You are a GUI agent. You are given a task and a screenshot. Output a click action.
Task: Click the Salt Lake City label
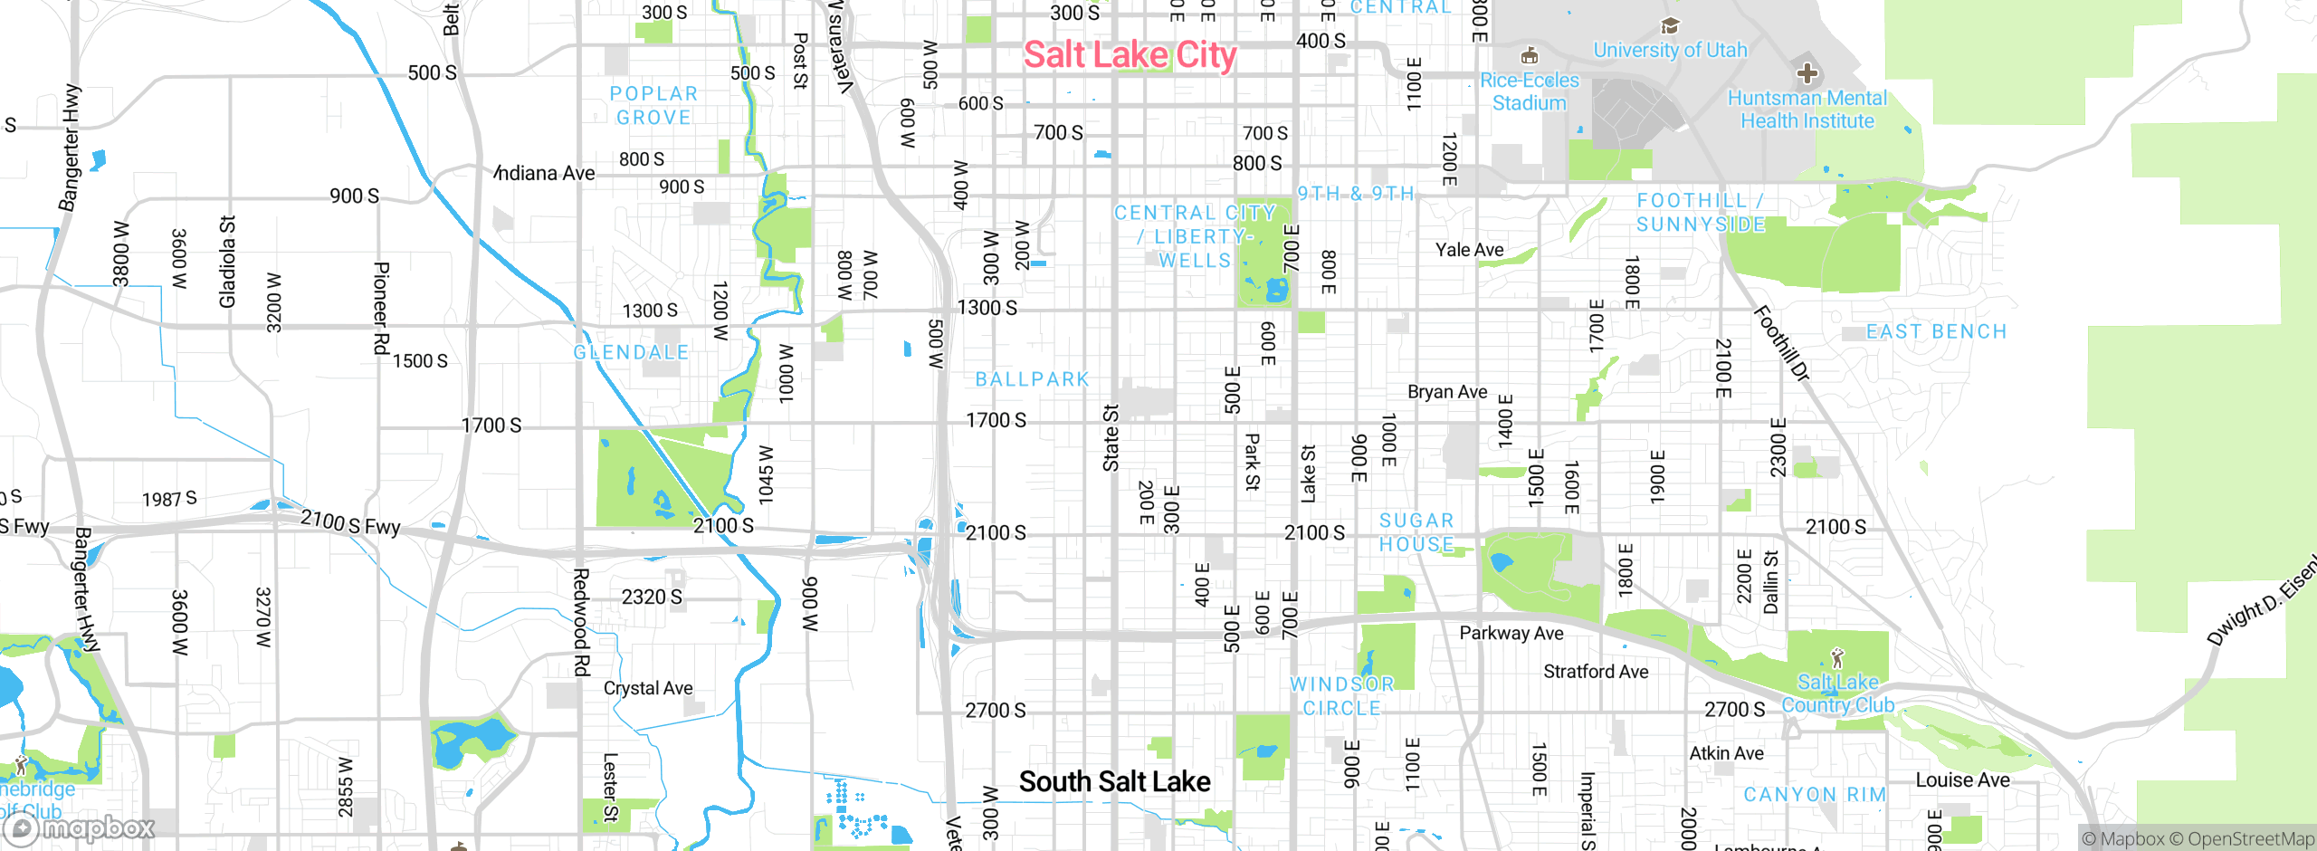point(1130,55)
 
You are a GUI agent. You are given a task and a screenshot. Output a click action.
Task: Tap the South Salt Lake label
point(1114,781)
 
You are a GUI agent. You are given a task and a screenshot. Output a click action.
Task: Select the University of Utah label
point(1670,50)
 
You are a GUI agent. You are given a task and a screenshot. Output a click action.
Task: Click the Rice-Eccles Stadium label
point(1530,91)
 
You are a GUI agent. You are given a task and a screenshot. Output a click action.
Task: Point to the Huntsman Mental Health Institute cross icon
point(1807,72)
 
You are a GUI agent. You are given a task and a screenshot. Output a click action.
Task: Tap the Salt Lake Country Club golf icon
point(1837,657)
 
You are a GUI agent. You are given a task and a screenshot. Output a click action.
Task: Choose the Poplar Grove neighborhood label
point(653,106)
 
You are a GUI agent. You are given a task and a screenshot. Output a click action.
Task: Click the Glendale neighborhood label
point(631,352)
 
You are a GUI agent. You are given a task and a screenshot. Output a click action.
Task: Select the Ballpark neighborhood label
point(1032,379)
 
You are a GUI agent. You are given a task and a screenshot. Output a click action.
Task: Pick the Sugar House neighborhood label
point(1416,532)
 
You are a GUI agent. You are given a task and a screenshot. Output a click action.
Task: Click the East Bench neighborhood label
point(1936,332)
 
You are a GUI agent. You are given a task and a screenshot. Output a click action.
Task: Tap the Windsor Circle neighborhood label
point(1341,696)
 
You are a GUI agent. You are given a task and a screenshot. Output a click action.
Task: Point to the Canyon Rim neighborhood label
point(1815,795)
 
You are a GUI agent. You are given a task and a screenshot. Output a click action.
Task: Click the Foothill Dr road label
point(1781,344)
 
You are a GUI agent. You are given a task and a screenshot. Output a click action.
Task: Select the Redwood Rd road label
point(581,622)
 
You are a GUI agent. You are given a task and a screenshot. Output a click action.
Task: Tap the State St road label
point(1111,437)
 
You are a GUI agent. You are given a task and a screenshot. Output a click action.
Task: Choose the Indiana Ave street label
point(545,173)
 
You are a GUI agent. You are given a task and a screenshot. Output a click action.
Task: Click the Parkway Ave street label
point(1511,634)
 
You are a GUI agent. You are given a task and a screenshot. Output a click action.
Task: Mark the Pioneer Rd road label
point(381,308)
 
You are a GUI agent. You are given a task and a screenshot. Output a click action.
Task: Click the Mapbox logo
point(80,828)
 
